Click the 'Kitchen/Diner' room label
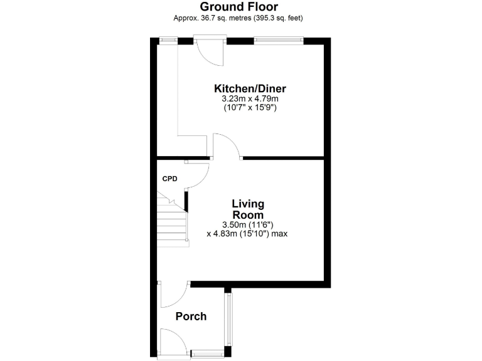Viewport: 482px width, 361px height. [250, 88]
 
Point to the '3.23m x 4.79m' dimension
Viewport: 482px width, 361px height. [250, 99]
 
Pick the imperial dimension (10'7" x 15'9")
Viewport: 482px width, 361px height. [250, 108]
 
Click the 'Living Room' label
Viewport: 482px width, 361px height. [248, 209]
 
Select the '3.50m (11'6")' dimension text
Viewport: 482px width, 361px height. [248, 224]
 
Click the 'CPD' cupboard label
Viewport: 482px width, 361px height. [170, 179]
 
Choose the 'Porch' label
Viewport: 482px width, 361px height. [191, 317]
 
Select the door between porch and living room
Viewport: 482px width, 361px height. [174, 293]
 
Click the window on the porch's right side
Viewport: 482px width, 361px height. [229, 319]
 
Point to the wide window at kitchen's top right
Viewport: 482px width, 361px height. [278, 41]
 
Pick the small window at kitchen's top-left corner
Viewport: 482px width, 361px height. [168, 41]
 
